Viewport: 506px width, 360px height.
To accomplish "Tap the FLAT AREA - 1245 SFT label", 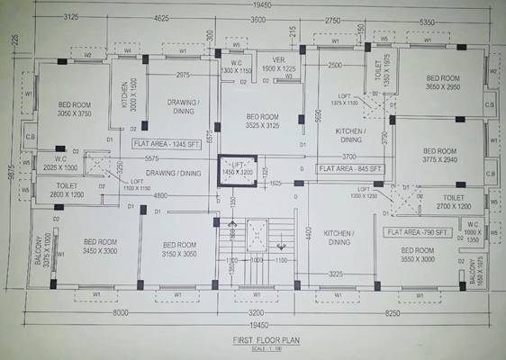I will [167, 143].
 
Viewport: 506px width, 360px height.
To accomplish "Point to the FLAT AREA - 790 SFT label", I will [417, 231].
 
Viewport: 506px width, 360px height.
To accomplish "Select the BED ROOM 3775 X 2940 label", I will [441, 156].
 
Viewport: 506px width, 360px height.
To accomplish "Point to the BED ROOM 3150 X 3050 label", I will [179, 250].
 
